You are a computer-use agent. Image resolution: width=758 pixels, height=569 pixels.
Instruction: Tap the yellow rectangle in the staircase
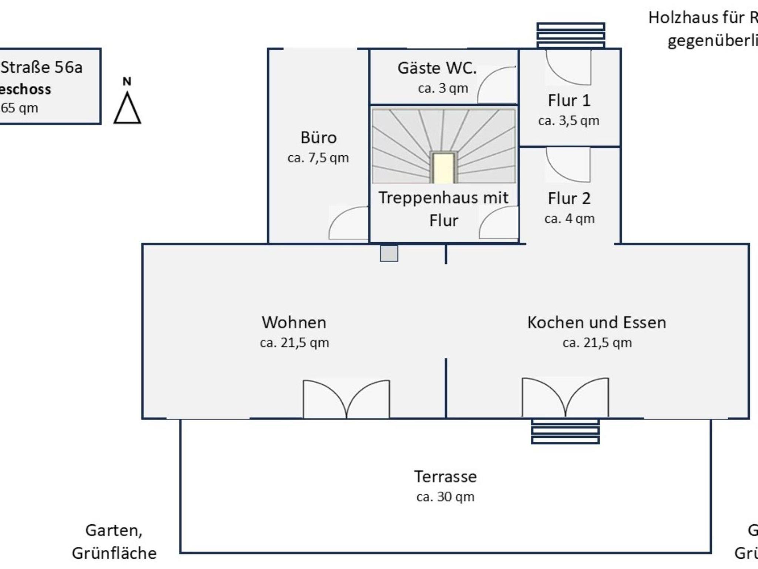pyautogui.click(x=443, y=168)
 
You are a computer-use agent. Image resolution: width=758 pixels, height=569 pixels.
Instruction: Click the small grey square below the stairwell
pyautogui.click(x=389, y=253)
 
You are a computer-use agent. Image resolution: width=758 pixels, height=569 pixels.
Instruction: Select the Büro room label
pyautogui.click(x=318, y=138)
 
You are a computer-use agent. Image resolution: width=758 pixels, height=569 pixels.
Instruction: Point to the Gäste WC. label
pyautogui.click(x=437, y=68)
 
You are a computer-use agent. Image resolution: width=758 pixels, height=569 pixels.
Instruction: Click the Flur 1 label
pyautogui.click(x=569, y=101)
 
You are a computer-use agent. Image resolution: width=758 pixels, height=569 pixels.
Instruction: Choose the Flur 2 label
pyautogui.click(x=569, y=199)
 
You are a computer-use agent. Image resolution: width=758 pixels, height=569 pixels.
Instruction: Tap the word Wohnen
pyautogui.click(x=294, y=323)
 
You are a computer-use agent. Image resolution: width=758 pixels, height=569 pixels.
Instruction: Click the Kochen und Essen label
pyautogui.click(x=597, y=323)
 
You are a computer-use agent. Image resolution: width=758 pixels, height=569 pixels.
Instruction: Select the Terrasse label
pyautogui.click(x=445, y=477)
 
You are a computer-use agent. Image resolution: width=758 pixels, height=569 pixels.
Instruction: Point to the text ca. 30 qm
pyautogui.click(x=445, y=497)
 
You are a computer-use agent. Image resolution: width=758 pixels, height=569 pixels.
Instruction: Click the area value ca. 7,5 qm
pyautogui.click(x=318, y=158)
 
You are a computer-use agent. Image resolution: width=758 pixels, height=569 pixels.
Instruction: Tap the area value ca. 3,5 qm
pyautogui.click(x=568, y=121)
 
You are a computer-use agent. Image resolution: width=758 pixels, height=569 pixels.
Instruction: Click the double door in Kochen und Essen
pyautogui.click(x=565, y=398)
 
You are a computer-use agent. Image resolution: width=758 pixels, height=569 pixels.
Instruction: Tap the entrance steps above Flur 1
pyautogui.click(x=571, y=36)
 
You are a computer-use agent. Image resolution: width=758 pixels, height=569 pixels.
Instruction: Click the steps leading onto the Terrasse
pyautogui.click(x=565, y=431)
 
